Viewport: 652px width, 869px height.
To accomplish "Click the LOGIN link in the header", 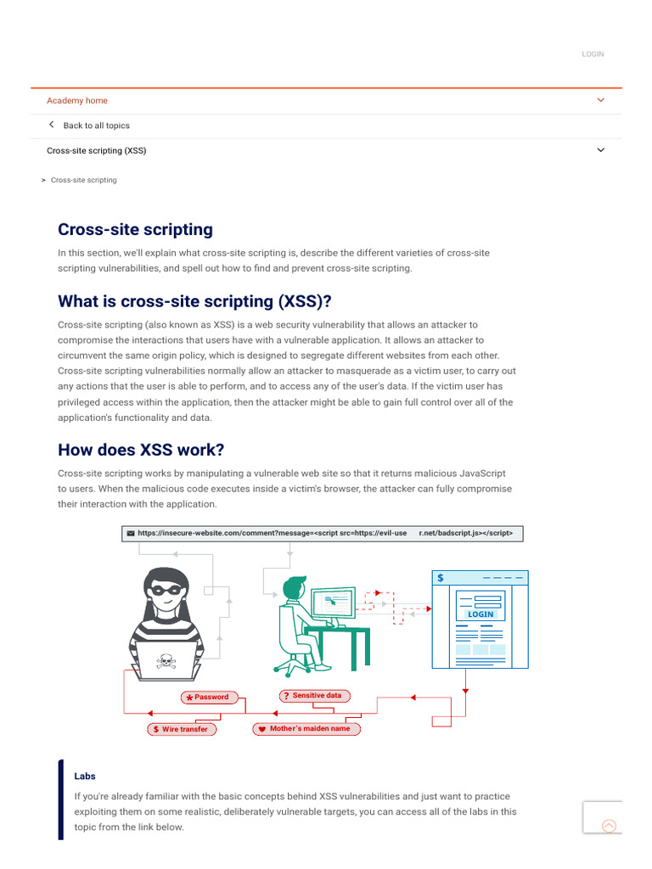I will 593,54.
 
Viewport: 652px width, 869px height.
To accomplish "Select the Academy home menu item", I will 77,100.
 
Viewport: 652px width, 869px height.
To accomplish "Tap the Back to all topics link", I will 96,126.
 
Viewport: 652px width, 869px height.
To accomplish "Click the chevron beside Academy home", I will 601,100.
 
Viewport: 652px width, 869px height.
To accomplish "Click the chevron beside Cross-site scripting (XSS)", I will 601,150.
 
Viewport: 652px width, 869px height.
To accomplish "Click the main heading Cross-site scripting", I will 135,230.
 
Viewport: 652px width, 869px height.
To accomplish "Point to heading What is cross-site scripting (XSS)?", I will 194,301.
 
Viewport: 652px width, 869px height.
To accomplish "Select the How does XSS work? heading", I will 141,450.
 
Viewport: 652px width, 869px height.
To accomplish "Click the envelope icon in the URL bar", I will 131,534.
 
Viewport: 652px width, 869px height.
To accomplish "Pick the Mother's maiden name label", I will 308,729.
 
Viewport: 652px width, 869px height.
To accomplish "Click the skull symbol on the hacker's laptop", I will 165,661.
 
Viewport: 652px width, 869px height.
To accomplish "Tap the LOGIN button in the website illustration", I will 480,614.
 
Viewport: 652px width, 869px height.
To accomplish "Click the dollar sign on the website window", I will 441,577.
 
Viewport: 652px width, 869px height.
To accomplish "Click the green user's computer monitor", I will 333,604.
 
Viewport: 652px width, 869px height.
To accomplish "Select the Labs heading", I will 85,776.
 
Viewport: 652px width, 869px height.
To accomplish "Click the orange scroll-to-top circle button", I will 609,826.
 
